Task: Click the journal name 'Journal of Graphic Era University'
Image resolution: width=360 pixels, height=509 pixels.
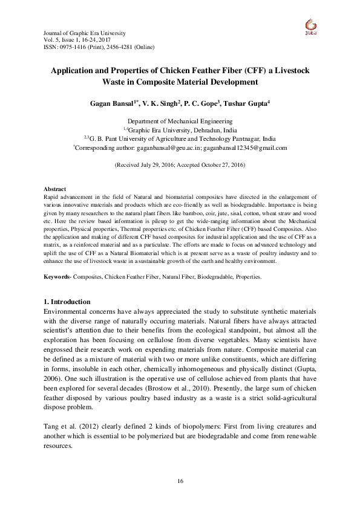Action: pos(85,32)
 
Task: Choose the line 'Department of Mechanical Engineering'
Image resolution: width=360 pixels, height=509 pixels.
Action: pos(180,122)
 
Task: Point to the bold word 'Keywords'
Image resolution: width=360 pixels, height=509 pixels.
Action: pos(59,277)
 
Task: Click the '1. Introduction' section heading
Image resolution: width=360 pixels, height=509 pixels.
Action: pos(68,302)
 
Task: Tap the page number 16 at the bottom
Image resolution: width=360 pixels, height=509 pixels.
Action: pos(180,481)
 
